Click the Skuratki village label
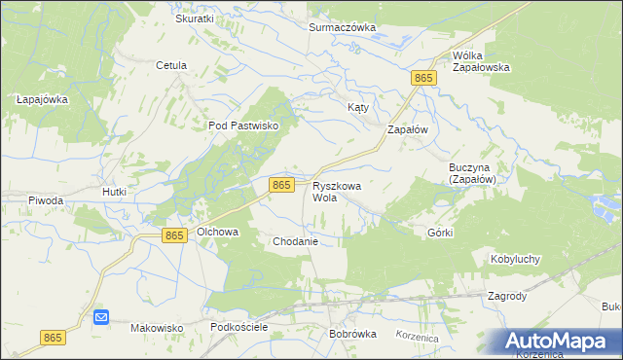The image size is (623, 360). point(195,18)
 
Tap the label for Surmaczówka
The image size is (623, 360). point(342,27)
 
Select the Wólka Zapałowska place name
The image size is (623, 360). point(482,61)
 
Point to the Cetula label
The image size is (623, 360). point(170,66)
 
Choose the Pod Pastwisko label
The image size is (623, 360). point(243,126)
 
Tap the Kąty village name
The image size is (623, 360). point(358,107)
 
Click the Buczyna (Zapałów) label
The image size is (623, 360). point(473,173)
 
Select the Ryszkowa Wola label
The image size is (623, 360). point(338,191)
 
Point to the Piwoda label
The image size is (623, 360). point(46,200)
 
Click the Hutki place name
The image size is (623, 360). point(115,193)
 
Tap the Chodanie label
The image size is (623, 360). point(296,240)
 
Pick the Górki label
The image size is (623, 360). point(441,234)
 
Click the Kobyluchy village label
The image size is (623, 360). point(515,260)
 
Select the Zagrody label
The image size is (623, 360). point(507,296)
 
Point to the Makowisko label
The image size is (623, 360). point(157,328)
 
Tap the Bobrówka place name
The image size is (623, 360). point(352,334)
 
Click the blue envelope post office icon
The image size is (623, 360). point(101,317)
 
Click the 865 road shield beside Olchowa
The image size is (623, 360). point(174,235)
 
